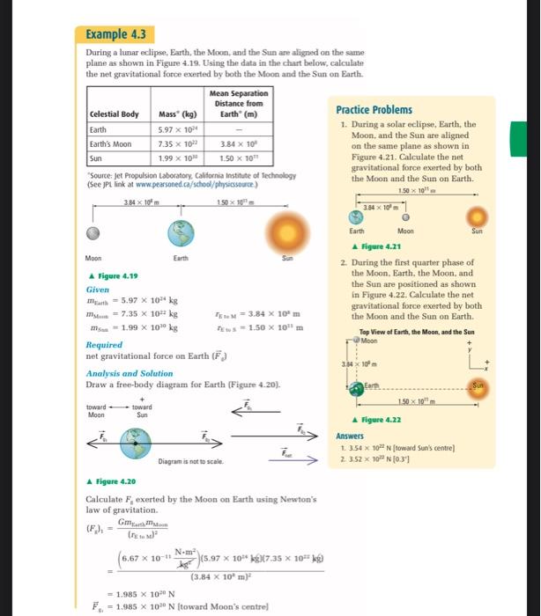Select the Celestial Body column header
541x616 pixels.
[115, 114]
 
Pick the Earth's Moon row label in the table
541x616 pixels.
[111, 143]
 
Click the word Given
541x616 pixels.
[97, 288]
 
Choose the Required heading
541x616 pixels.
[104, 345]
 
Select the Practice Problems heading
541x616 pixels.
[374, 110]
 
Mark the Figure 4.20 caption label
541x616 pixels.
[113, 481]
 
